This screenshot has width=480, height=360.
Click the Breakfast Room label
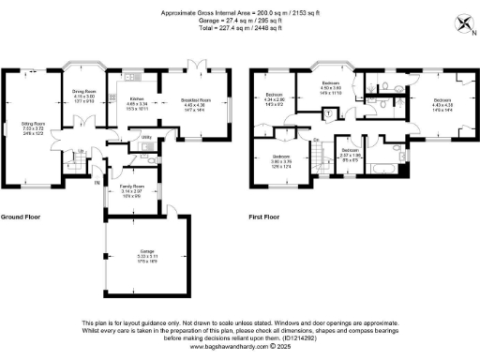pyautogui.click(x=195, y=100)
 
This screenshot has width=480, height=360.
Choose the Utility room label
pyautogui.click(x=146, y=137)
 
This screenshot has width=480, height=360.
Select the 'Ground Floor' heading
pyautogui.click(x=21, y=217)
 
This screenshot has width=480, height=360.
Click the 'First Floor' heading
pyautogui.click(x=264, y=217)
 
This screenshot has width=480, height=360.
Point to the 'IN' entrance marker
pyautogui.click(x=97, y=182)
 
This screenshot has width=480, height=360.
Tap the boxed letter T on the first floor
pyautogui.click(x=330, y=112)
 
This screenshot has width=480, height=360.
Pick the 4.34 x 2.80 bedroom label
pyautogui.click(x=275, y=97)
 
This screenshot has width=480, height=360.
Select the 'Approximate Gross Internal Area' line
pyautogui.click(x=240, y=12)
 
